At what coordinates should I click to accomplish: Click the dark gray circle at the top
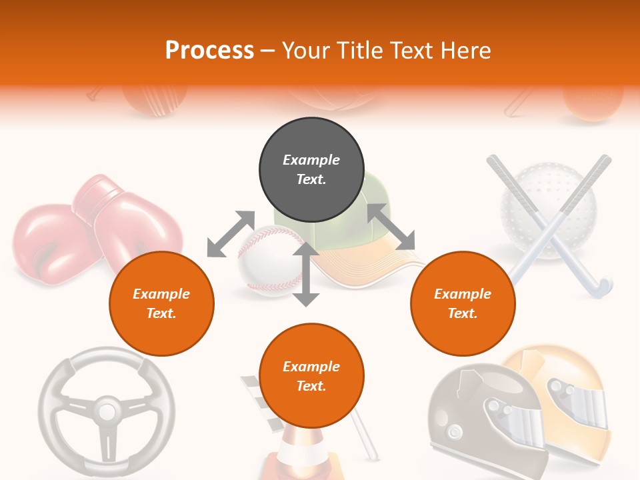coord(311,170)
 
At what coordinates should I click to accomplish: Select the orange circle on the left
coord(161,304)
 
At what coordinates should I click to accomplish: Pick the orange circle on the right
coord(463,304)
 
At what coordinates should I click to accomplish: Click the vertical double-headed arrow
coord(306,274)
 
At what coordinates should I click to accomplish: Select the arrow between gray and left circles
coord(231,234)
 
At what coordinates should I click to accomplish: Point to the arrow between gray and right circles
coord(391,227)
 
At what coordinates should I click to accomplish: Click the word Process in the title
coord(209,51)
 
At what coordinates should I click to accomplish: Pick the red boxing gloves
coord(93,230)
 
